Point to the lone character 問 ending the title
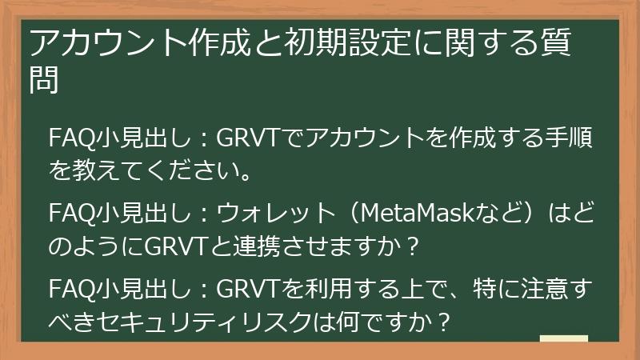(x=44, y=80)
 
